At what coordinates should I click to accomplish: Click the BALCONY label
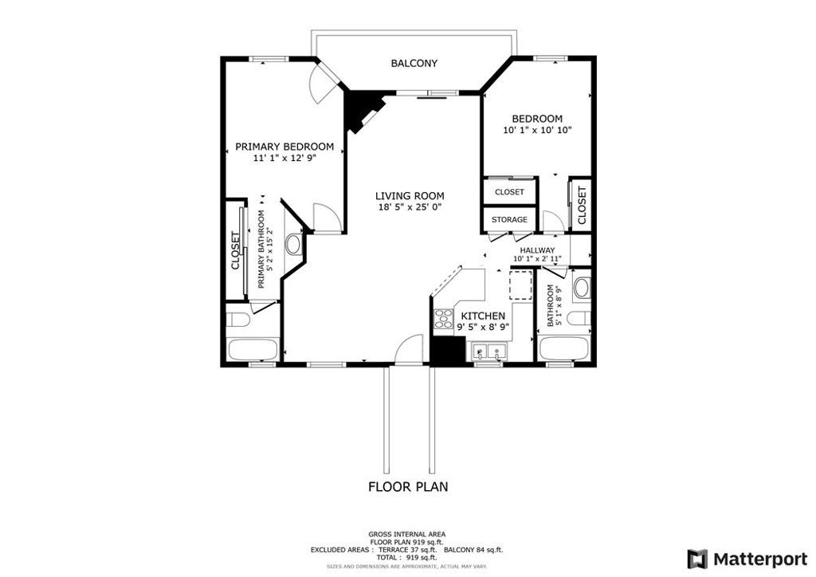(x=414, y=64)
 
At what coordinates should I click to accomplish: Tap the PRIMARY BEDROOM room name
(x=284, y=147)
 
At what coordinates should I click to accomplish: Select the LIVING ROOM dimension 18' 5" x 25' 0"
(x=410, y=207)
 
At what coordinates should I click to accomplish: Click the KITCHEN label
(x=483, y=316)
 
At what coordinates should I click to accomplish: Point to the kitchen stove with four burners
(x=443, y=319)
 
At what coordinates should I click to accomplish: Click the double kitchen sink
(x=490, y=352)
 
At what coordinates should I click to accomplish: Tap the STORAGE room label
(x=509, y=219)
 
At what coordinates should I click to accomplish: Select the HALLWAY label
(x=537, y=250)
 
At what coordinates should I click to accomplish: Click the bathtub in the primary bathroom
(x=253, y=350)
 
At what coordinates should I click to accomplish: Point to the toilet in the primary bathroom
(x=237, y=318)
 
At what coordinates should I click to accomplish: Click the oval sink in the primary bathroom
(x=294, y=244)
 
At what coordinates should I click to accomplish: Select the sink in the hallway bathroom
(x=581, y=287)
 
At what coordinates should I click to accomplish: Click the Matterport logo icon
(x=697, y=559)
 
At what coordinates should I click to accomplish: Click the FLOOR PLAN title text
(x=408, y=487)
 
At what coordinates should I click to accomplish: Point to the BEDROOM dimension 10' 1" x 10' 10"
(x=537, y=130)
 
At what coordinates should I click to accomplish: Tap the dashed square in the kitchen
(x=520, y=285)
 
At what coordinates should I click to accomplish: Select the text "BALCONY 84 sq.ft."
(x=473, y=550)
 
